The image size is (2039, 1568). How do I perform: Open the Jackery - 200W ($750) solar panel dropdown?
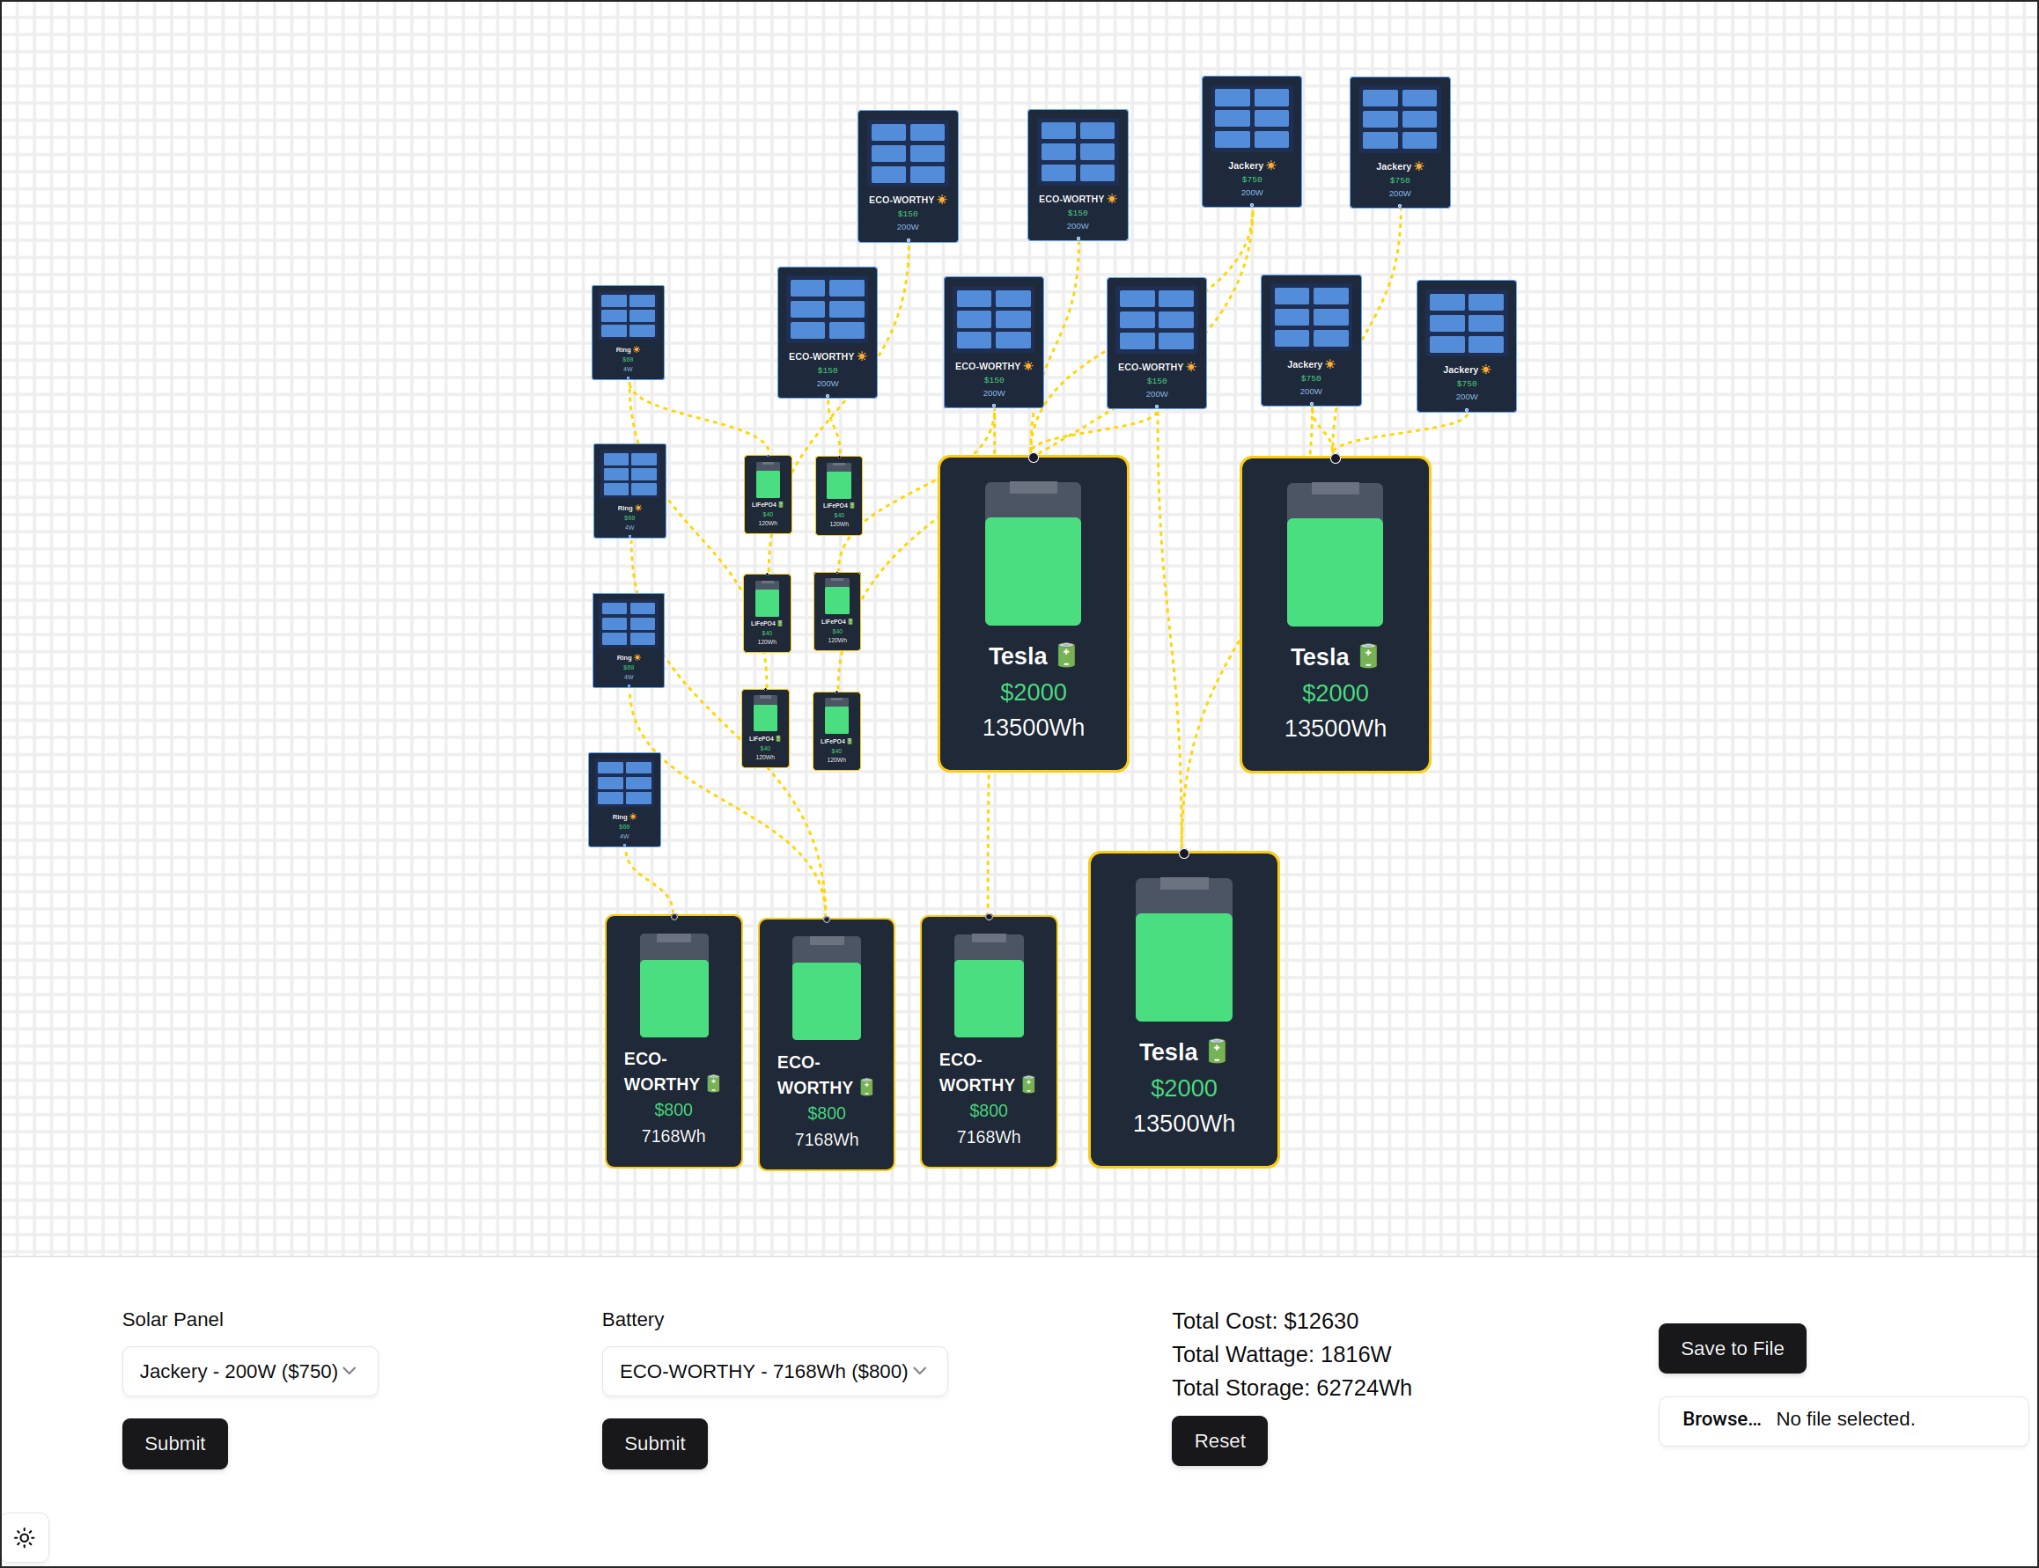pos(249,1371)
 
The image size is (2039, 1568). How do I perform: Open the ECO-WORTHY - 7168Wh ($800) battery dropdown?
pos(774,1371)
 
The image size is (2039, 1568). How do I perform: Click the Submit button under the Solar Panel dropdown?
pos(174,1443)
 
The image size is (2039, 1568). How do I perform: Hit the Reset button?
pos(1219,1440)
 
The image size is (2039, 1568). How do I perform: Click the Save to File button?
pos(1731,1348)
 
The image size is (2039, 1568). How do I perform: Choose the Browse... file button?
pos(1720,1418)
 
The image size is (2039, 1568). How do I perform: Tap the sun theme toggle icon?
pos(25,1537)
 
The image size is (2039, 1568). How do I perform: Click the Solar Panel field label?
pos(173,1319)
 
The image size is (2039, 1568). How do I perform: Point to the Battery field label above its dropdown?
pos(632,1319)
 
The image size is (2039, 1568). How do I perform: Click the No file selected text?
pos(1844,1418)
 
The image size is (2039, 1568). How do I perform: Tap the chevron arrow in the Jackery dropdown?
pos(350,1371)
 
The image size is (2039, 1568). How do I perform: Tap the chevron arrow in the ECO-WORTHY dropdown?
pos(920,1371)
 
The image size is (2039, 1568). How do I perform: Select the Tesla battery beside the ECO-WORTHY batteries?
pos(1183,1008)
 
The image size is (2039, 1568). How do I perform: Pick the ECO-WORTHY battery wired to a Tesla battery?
pos(988,1041)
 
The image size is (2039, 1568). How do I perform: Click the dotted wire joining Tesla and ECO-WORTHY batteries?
pos(988,845)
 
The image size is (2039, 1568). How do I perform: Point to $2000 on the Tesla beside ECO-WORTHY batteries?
pos(1183,1088)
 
